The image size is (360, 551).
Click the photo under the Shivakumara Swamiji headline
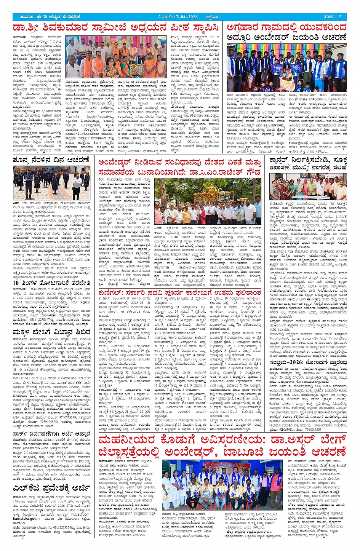pyautogui.click(x=116, y=57)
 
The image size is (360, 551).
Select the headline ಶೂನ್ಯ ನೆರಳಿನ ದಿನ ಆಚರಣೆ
pyautogui.click(x=51, y=160)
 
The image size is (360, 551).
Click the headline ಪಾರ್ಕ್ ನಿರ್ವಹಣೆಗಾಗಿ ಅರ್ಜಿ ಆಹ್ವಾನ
pyautogui.click(x=51, y=434)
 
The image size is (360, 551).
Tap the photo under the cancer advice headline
pyautogui.click(x=308, y=187)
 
